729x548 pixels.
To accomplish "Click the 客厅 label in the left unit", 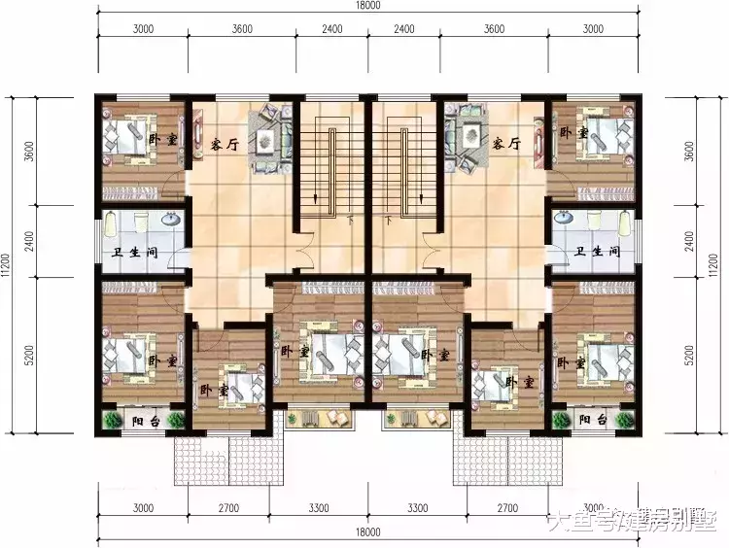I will pos(225,144).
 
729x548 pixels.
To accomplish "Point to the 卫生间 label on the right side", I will pos(597,252).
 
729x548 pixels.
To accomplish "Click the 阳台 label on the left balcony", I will pos(141,420).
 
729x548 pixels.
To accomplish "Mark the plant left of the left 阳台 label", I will pos(108,420).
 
